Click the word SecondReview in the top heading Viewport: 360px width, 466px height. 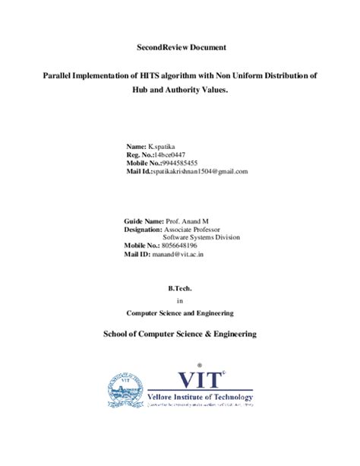click(x=155, y=48)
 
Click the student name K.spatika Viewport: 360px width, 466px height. click(x=165, y=145)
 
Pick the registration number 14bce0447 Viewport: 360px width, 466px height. click(x=170, y=154)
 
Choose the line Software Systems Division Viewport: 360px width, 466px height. click(x=201, y=236)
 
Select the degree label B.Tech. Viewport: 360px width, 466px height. click(x=179, y=289)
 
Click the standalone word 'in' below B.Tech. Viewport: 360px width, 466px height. click(x=180, y=300)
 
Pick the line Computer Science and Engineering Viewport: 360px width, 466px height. click(x=179, y=312)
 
